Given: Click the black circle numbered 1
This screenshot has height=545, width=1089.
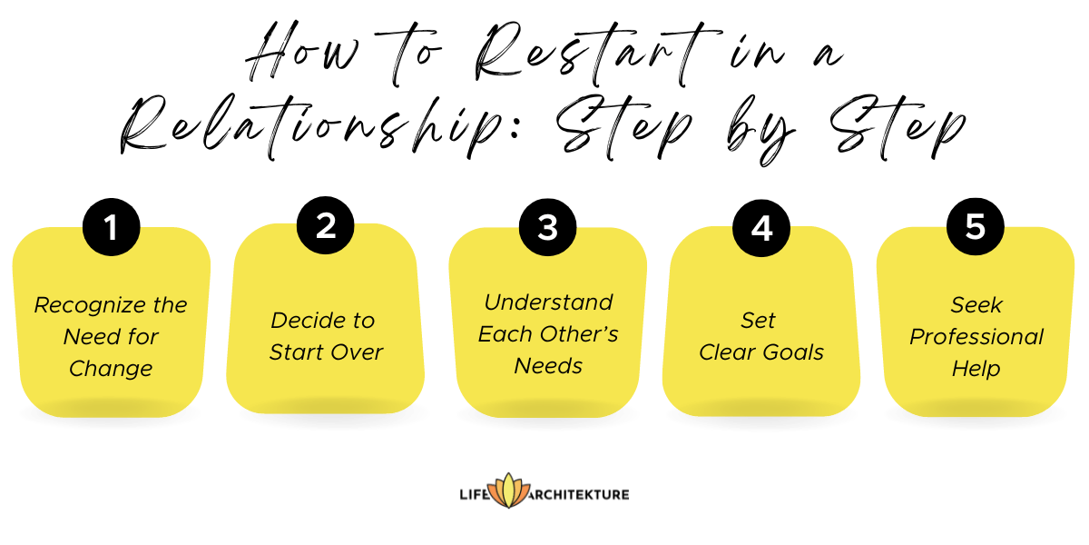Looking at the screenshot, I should tap(111, 228).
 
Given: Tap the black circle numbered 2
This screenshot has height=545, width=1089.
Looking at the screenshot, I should tap(326, 226).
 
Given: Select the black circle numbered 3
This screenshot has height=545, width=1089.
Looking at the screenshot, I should tap(548, 227).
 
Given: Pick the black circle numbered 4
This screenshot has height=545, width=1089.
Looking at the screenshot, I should tap(761, 227).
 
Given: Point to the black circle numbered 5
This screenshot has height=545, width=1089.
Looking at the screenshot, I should tap(975, 226).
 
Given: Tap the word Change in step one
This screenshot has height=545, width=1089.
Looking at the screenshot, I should tap(111, 369).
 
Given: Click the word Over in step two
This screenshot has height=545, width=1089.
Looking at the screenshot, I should tap(358, 352).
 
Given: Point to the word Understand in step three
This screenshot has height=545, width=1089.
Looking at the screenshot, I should tap(548, 302).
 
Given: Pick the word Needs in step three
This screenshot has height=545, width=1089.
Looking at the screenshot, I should tap(548, 366).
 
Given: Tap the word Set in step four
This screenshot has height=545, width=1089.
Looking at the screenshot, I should tap(759, 321).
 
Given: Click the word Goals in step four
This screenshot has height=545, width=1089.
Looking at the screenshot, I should tap(792, 352).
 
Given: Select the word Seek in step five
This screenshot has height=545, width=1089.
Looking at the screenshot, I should tap(976, 305).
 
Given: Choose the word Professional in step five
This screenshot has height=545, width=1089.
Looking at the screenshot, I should tap(976, 337).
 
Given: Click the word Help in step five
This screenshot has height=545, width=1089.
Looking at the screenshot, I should tap(976, 369).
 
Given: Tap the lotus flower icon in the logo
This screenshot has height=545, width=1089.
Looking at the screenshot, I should tap(507, 491).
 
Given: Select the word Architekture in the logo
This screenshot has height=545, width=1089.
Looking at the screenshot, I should tap(578, 494).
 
